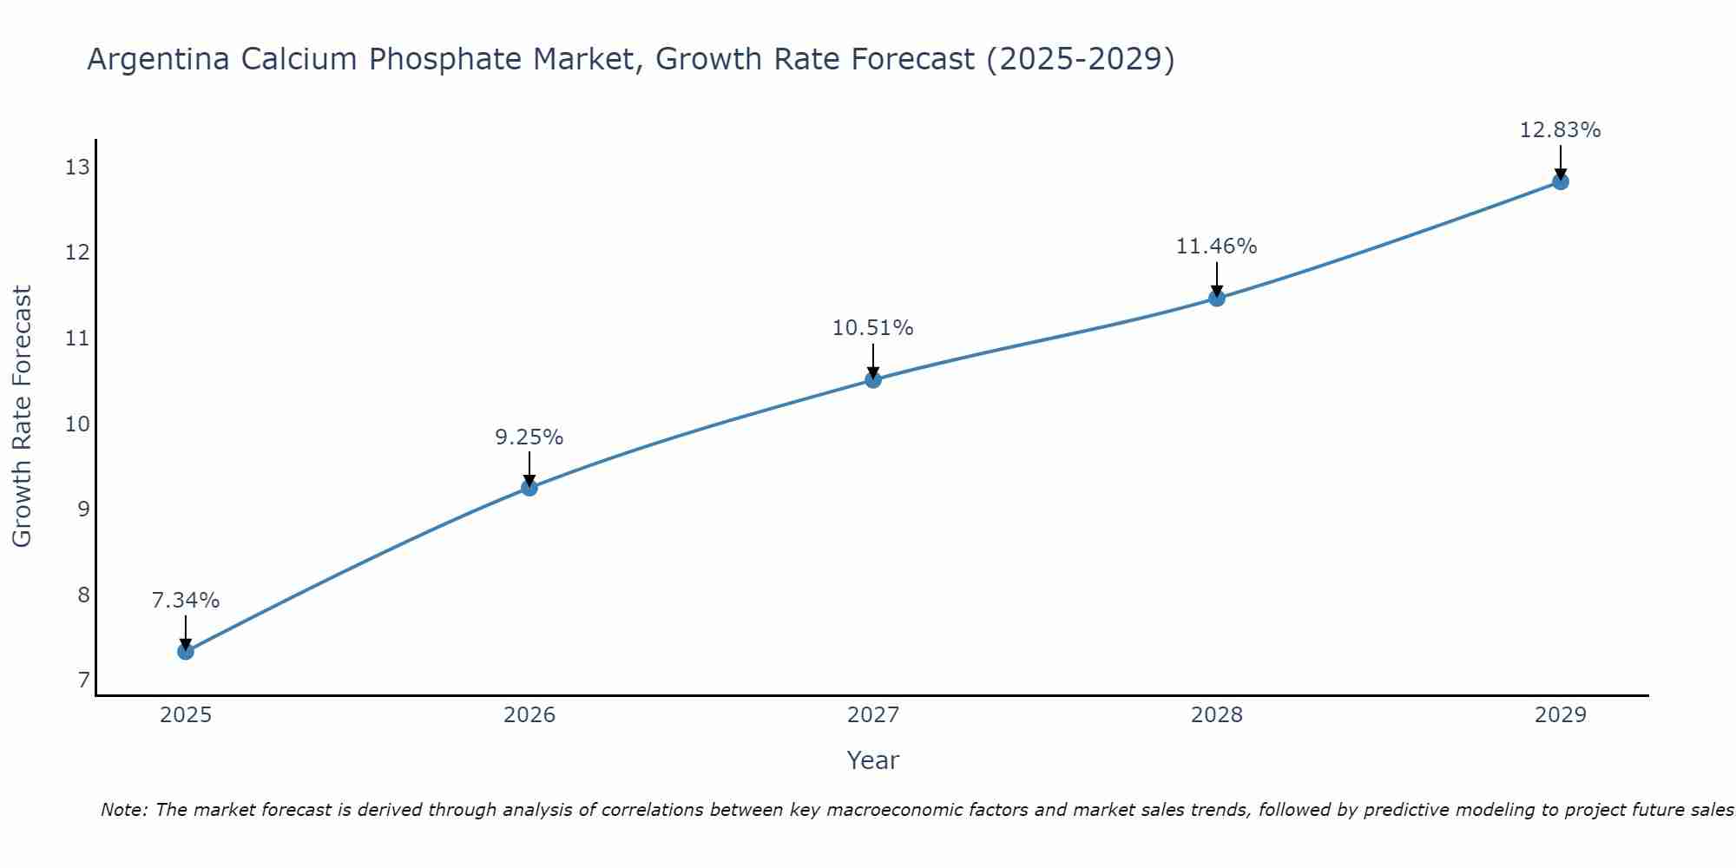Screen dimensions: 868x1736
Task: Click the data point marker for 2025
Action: point(186,651)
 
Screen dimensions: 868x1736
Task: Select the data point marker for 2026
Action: point(529,488)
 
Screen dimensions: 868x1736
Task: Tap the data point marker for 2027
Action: point(873,379)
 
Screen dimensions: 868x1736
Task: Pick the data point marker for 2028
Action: point(1217,299)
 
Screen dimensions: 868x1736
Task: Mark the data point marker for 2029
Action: point(1561,181)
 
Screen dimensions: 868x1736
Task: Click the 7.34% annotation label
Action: point(186,601)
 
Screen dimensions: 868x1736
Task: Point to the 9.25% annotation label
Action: point(529,437)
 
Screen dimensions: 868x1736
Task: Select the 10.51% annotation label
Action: point(873,328)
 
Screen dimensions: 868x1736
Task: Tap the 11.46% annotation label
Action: point(1217,247)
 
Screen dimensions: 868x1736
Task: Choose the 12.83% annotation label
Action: point(1560,130)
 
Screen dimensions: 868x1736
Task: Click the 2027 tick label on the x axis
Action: point(873,715)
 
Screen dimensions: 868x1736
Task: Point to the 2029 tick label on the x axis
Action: point(1561,715)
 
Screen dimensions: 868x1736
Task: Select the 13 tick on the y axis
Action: point(77,168)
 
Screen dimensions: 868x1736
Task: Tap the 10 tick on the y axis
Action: point(77,424)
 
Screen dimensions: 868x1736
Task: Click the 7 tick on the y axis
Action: point(83,681)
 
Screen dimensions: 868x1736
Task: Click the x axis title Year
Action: point(873,760)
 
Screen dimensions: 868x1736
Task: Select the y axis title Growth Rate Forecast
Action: point(22,417)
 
